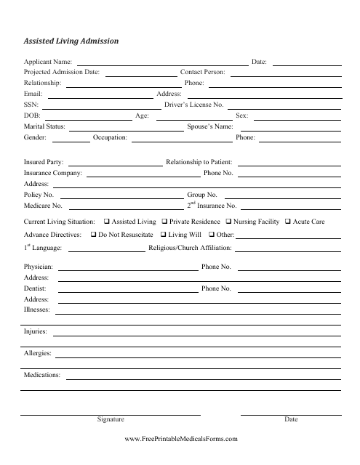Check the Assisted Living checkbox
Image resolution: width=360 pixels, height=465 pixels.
click(x=108, y=221)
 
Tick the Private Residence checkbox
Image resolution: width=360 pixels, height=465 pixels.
click(x=164, y=221)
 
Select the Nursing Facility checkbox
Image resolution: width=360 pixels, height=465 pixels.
click(x=228, y=221)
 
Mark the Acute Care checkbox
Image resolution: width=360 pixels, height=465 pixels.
click(x=287, y=221)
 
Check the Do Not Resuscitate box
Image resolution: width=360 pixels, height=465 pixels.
click(x=93, y=235)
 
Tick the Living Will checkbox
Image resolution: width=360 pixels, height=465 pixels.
click(x=163, y=235)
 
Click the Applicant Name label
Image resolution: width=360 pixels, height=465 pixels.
click(x=48, y=63)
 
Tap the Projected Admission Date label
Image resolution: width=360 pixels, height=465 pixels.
click(x=62, y=73)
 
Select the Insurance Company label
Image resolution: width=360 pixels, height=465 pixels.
click(x=52, y=174)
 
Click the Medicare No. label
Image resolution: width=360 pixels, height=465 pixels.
click(x=42, y=206)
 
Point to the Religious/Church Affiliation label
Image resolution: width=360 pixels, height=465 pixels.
click(x=210, y=249)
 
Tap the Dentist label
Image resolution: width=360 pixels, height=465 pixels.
click(x=35, y=288)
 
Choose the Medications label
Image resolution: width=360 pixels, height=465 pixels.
click(x=42, y=375)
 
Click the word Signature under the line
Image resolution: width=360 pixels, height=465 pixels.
click(x=111, y=420)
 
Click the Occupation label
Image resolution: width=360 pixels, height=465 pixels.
click(x=111, y=137)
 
